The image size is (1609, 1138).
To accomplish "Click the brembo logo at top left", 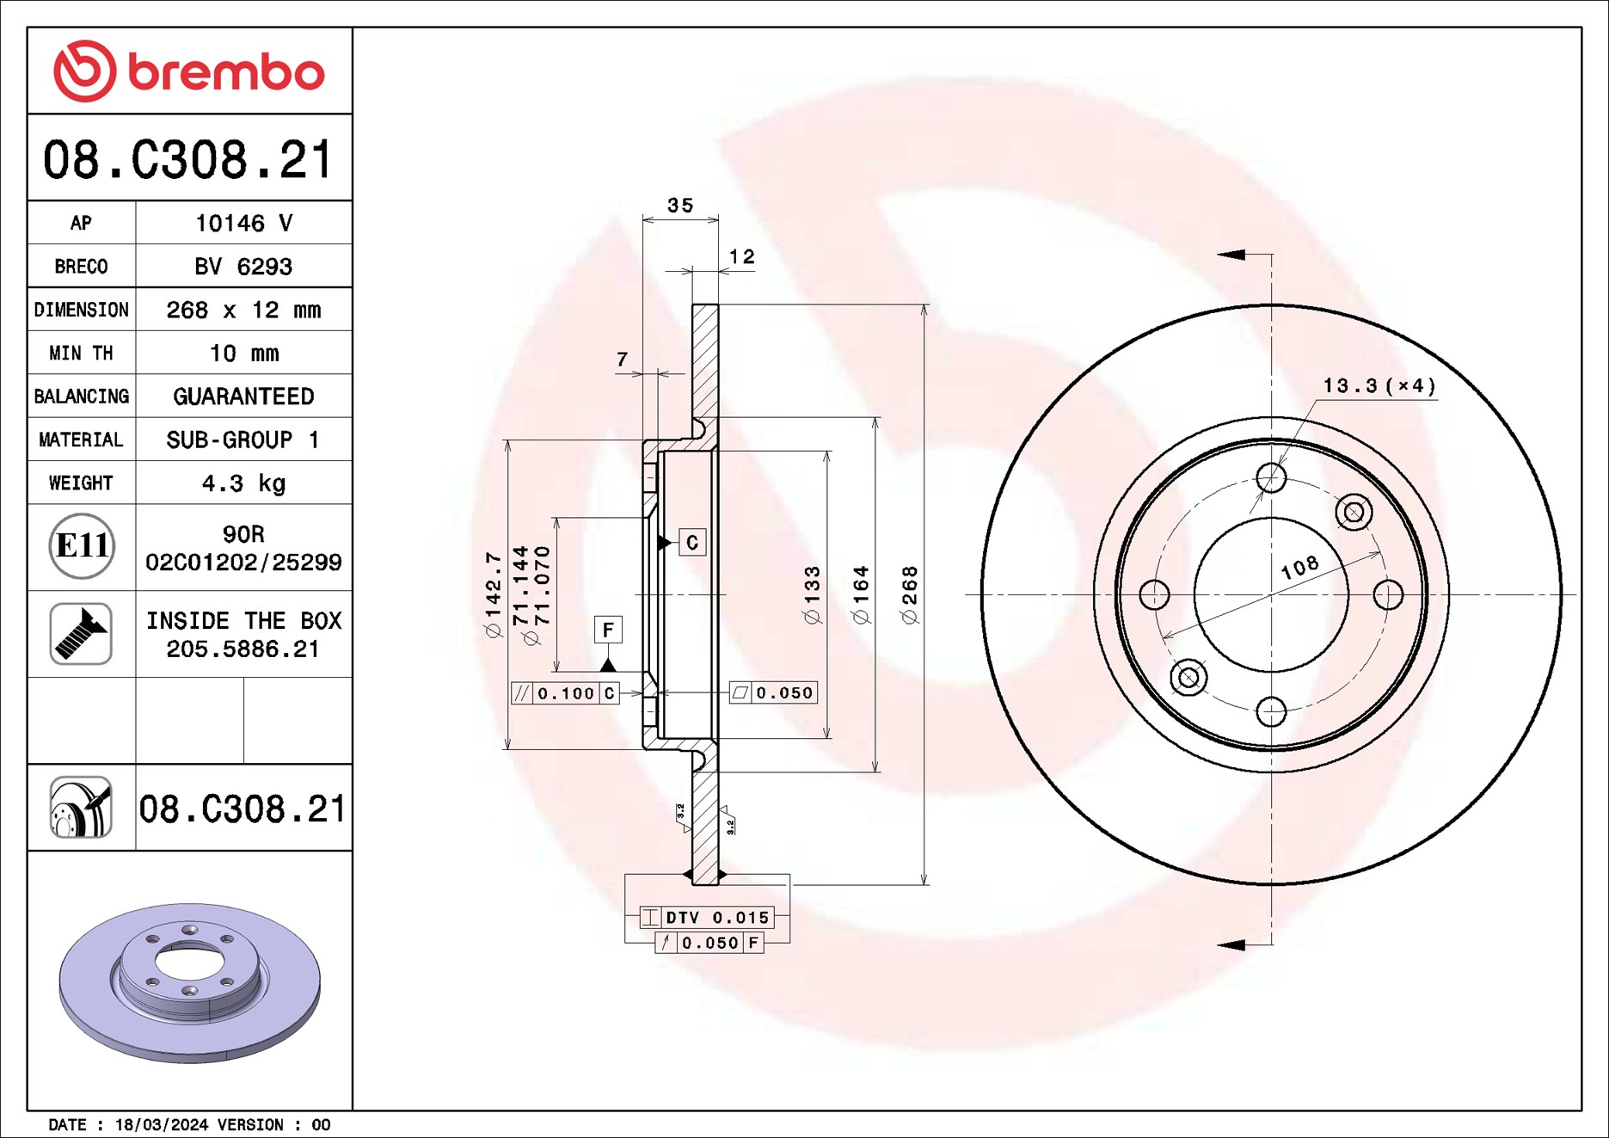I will coord(189,71).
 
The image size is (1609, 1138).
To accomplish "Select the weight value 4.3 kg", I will coord(243,483).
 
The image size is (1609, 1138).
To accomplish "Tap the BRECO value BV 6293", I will coord(243,267).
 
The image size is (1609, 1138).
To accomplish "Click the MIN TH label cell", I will coord(81,354).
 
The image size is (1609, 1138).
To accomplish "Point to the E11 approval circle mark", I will coord(82,546).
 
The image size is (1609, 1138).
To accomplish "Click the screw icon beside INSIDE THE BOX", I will coord(81,634).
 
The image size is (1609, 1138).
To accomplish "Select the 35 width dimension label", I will coord(679,206).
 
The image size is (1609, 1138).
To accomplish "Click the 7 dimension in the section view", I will coord(622,360).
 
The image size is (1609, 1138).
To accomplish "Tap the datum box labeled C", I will coord(692,543).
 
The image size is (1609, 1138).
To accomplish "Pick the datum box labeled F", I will coord(608,630).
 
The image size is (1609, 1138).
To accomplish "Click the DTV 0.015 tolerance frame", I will coord(707,918).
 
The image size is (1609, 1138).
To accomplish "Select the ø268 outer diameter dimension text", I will coord(910,594).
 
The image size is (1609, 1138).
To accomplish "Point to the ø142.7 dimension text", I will coord(493,594).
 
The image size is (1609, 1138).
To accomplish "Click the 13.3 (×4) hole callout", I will coord(1379,386).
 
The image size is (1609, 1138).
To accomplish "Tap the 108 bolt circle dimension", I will coord(1299,567).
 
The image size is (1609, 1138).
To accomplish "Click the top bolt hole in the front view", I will coord(1271,477).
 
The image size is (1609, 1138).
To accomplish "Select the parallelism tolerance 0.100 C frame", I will coord(565,693).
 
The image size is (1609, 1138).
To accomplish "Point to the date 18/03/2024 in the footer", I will coord(162,1125).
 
